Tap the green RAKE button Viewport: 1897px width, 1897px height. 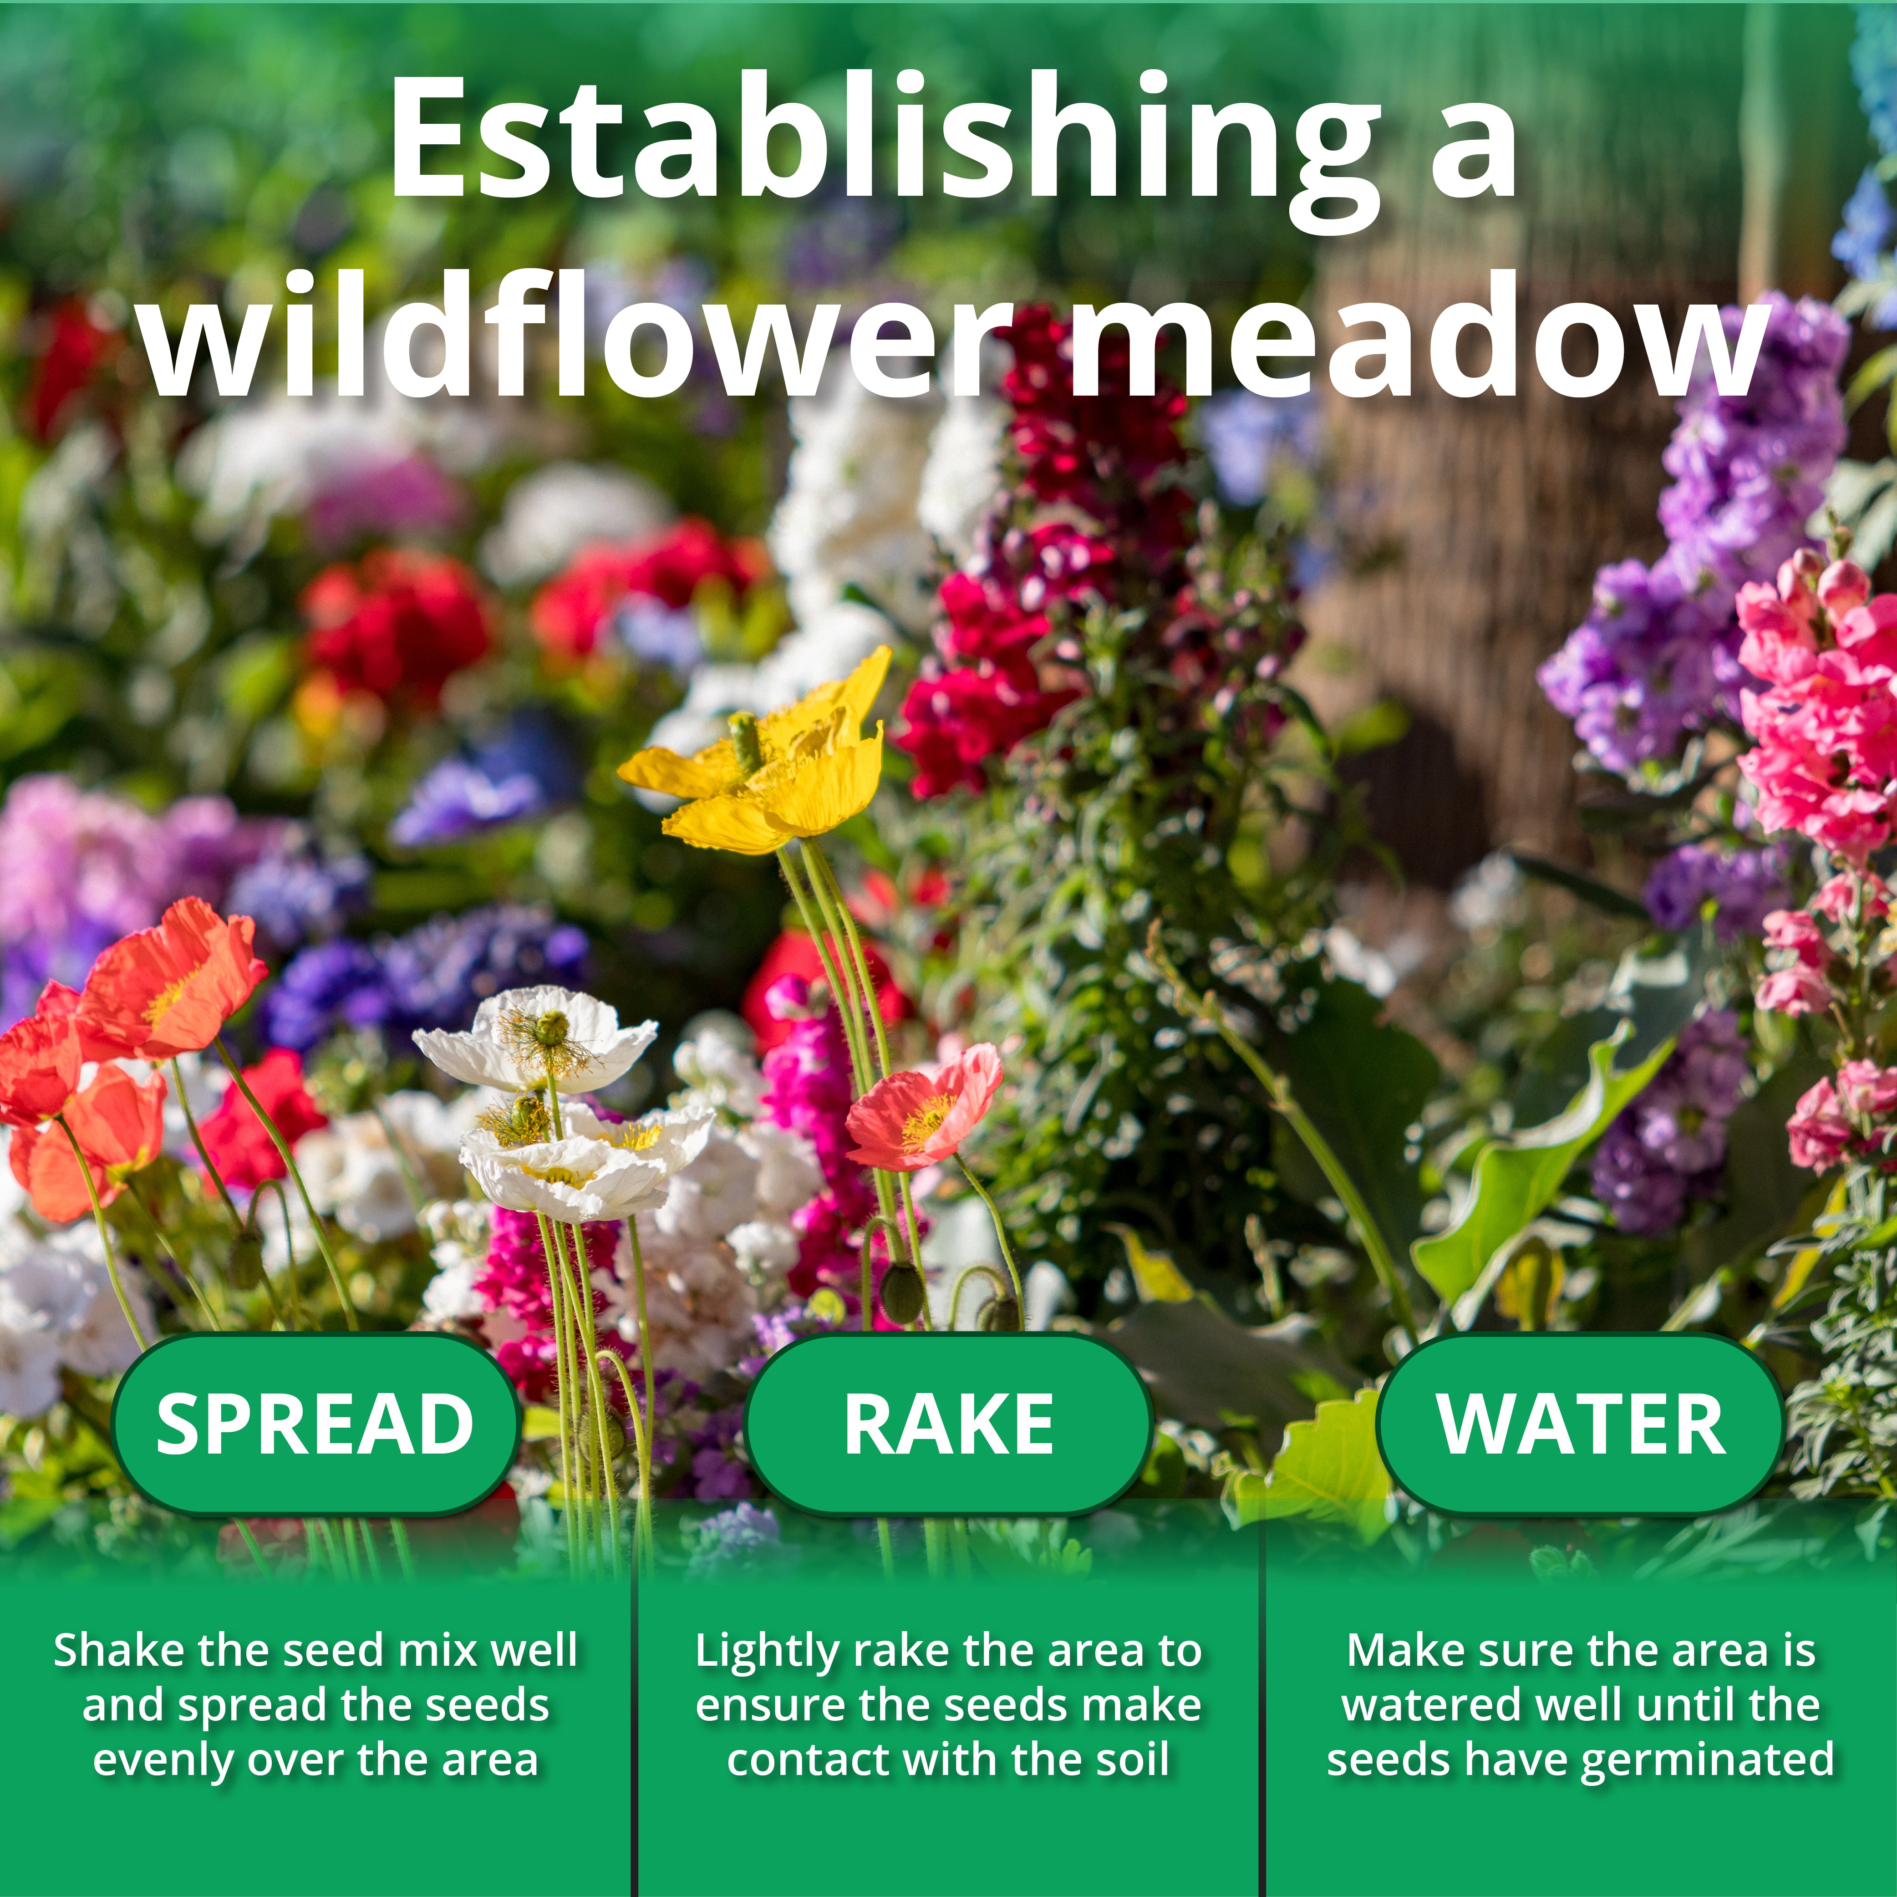949,1424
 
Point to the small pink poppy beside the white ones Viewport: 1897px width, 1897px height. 923,1109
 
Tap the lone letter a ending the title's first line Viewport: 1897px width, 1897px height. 1473,147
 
